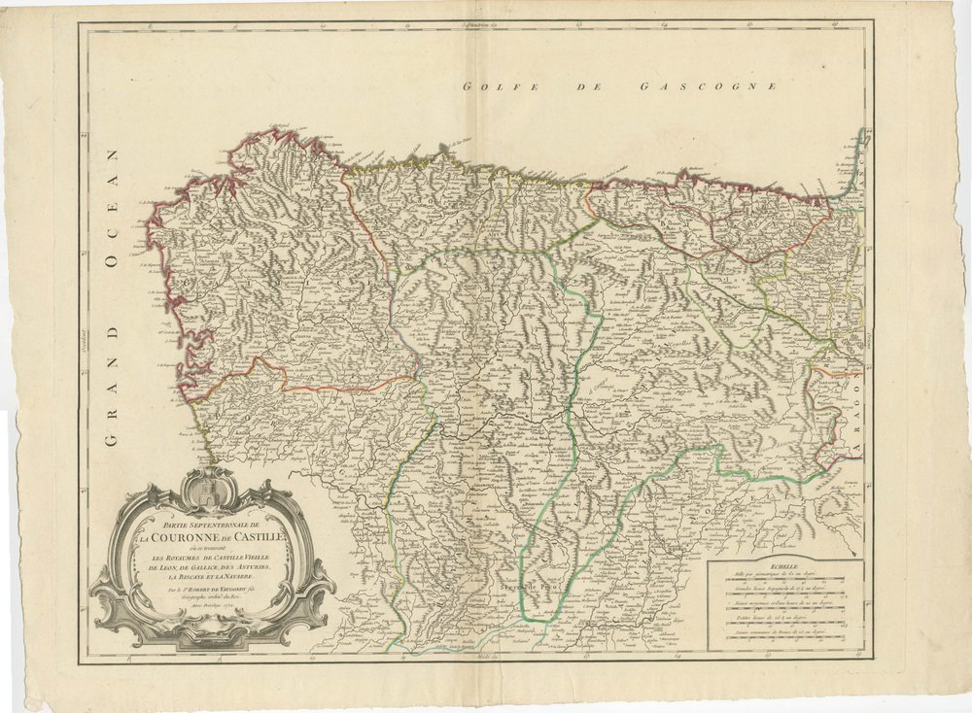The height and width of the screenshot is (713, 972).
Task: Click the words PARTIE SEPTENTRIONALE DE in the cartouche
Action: (208, 524)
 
